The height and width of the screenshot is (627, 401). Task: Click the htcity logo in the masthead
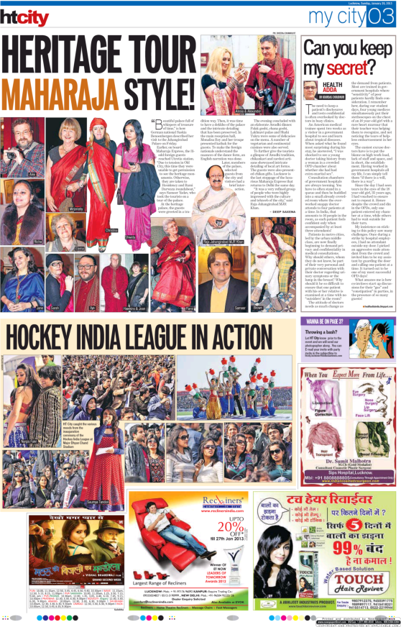(x=25, y=15)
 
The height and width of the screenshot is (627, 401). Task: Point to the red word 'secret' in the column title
(x=352, y=69)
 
